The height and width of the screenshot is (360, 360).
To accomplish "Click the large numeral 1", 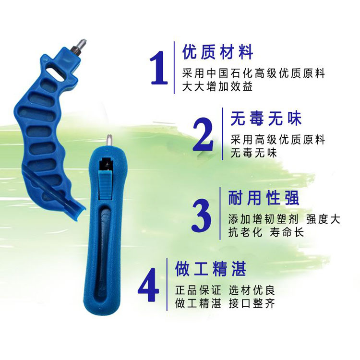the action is click(x=159, y=68).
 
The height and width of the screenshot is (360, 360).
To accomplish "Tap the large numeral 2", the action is click(x=203, y=134).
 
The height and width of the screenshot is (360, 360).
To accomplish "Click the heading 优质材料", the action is click(x=217, y=52).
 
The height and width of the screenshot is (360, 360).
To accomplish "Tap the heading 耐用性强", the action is click(x=264, y=198).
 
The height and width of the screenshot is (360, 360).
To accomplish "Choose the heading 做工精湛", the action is click(x=211, y=269).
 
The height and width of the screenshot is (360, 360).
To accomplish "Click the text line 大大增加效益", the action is click(x=217, y=86).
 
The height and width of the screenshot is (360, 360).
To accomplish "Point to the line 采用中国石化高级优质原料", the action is click(x=253, y=73).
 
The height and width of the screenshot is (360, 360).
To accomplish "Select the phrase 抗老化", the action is click(x=245, y=232).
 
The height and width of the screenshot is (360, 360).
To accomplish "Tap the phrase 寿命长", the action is click(x=287, y=232).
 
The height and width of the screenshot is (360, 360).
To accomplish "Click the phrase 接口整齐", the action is click(x=252, y=303).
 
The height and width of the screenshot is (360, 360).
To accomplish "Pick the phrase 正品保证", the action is click(x=198, y=290).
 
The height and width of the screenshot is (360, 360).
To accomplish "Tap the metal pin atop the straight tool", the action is click(x=109, y=140).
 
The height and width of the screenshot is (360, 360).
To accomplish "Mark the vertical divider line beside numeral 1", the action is click(x=174, y=68).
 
